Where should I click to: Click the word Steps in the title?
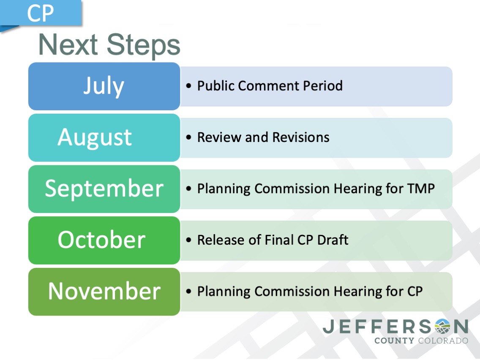point(143,45)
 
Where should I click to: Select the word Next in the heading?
point(68,44)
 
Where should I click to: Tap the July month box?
point(104,86)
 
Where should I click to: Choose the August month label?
point(95,138)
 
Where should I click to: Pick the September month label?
point(104,188)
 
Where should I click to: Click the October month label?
point(101,240)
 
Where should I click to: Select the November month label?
point(104,291)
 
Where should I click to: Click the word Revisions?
point(301,137)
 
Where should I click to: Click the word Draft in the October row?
point(333,240)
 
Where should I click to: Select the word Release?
point(221,240)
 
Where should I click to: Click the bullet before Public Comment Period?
point(188,86)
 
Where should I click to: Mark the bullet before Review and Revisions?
point(188,137)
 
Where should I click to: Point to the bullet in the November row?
point(188,292)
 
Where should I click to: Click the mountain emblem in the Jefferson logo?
point(442,326)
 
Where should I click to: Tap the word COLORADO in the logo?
point(443,341)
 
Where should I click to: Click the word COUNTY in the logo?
point(394,341)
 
